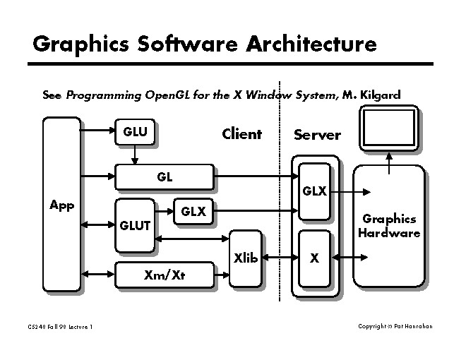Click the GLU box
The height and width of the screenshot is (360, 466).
coord(136,133)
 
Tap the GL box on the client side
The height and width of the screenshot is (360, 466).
coord(164,177)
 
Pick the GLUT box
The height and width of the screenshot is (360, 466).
coord(134,225)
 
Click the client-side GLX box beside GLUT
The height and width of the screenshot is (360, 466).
coord(193,211)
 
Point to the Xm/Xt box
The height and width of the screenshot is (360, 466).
coord(164,275)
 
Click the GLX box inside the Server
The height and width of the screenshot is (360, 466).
coord(314,191)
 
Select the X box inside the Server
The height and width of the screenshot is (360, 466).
coord(314,258)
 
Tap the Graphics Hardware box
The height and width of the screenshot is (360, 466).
coord(389,226)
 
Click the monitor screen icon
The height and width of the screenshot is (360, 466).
coord(388,128)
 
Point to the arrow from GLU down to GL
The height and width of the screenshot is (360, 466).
coord(134,154)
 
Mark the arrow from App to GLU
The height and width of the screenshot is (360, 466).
coord(97,131)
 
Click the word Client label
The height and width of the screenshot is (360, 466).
coord(241,134)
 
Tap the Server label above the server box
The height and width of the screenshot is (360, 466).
coord(317,135)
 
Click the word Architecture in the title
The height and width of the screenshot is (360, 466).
coord(311,44)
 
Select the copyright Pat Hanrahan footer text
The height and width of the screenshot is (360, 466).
coord(395,326)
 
